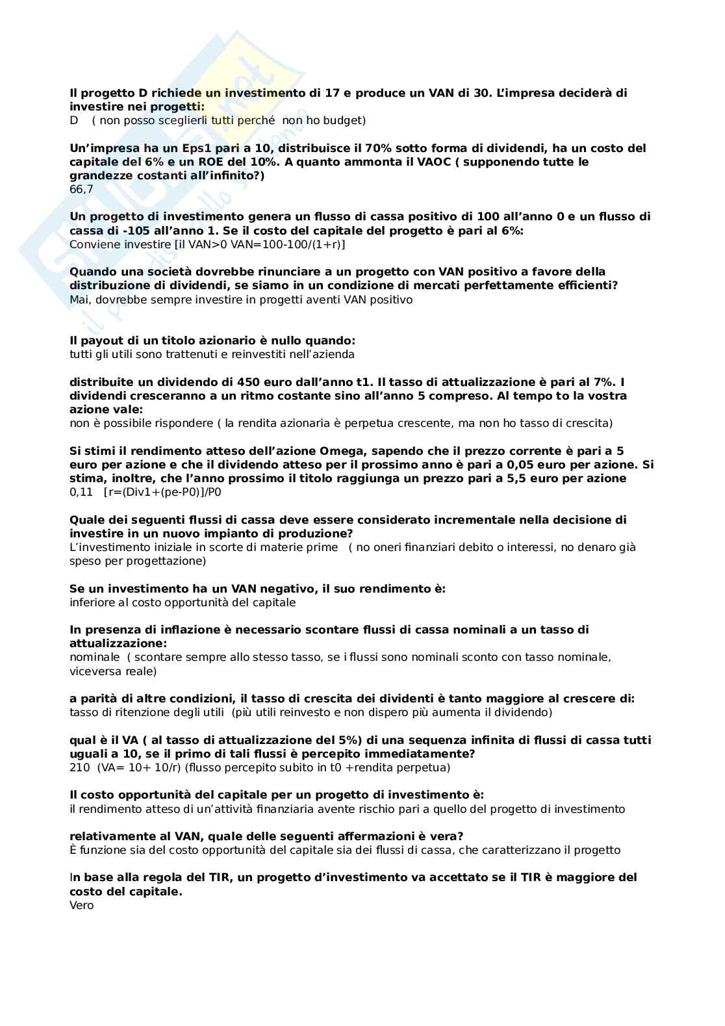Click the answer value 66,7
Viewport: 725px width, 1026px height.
coord(81,190)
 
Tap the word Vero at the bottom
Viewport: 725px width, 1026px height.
coord(81,905)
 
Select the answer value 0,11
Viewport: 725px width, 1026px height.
coord(81,493)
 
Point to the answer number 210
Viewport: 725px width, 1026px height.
coord(80,768)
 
